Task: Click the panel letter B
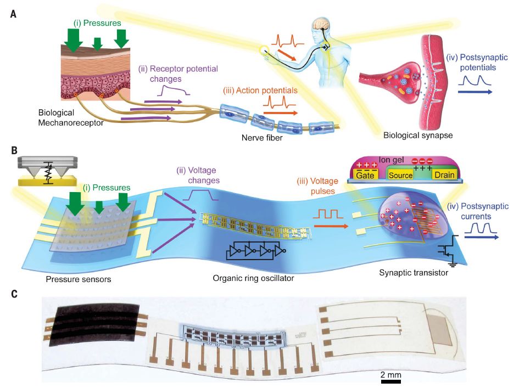(13, 149)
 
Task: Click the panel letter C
(13, 294)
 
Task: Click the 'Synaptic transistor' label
(414, 273)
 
